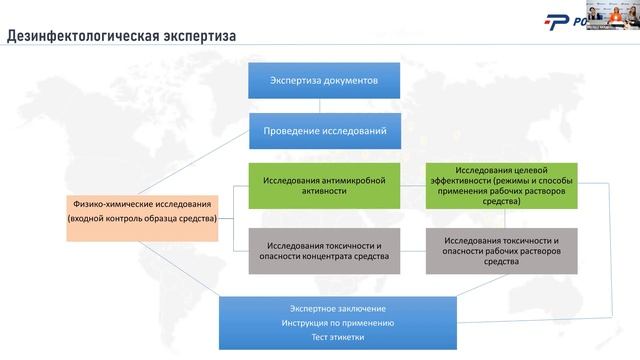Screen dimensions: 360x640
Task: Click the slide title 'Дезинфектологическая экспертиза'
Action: (121, 38)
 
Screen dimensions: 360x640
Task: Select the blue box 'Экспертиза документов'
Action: (324, 80)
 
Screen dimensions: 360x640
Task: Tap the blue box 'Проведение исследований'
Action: (324, 130)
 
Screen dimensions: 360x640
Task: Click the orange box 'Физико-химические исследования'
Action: (142, 211)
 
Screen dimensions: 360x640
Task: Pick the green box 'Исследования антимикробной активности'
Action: (324, 185)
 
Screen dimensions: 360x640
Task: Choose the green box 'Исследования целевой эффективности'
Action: (500, 185)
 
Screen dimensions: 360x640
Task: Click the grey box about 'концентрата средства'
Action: (324, 250)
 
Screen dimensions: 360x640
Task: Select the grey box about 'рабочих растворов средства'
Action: (500, 250)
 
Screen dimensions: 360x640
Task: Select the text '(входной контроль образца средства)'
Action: (142, 219)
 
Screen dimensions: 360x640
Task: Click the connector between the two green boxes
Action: (413, 185)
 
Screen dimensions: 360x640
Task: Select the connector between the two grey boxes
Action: (413, 250)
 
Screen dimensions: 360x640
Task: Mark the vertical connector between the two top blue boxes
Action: (324, 105)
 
